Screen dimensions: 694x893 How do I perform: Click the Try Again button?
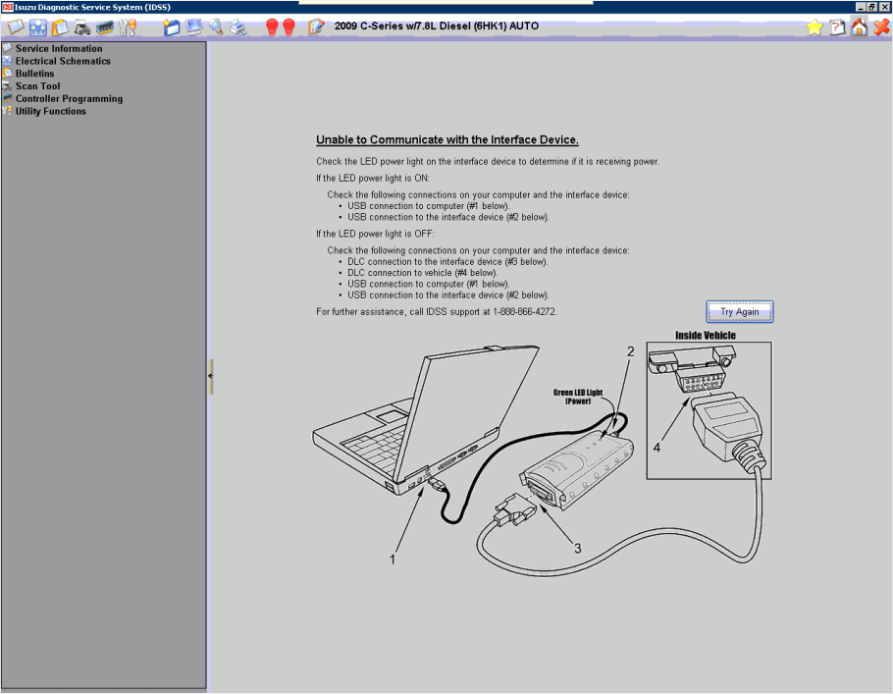[x=740, y=312]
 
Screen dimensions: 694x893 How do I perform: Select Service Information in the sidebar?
[x=58, y=48]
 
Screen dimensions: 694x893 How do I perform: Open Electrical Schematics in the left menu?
[x=62, y=61]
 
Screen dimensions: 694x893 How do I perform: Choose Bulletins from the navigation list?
[x=34, y=74]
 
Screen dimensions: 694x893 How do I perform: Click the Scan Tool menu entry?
[x=37, y=86]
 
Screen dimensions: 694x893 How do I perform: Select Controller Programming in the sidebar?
[x=69, y=99]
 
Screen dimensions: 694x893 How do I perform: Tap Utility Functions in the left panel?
[x=50, y=111]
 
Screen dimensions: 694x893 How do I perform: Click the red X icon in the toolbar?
[x=881, y=27]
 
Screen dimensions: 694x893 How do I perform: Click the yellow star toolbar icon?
[x=814, y=27]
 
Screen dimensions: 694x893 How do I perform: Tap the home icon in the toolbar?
[x=860, y=27]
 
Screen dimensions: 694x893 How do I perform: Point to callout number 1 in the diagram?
[x=393, y=560]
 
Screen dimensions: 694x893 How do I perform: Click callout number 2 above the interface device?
[x=631, y=351]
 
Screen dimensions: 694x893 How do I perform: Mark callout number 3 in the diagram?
[x=577, y=548]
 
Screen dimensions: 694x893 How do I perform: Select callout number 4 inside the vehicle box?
[x=657, y=447]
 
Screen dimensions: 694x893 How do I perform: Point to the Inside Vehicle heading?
[x=705, y=336]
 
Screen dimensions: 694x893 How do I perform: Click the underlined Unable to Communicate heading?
[x=446, y=140]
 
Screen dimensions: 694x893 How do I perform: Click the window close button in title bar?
[x=885, y=7]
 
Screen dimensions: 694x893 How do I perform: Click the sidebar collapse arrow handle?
[x=210, y=376]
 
